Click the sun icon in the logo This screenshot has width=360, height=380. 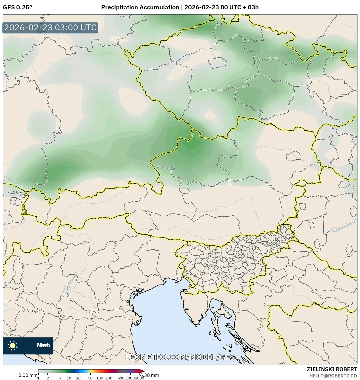[13, 345]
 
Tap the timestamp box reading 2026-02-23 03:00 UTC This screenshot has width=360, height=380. [50, 28]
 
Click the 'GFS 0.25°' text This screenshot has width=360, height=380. [17, 7]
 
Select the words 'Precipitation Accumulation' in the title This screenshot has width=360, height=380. [140, 7]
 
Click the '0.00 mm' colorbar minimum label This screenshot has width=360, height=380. [28, 375]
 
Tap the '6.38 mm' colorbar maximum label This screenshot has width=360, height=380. [150, 375]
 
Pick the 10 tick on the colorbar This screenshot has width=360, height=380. [69, 378]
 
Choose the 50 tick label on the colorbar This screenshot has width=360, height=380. [90, 378]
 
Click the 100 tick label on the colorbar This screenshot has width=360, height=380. [100, 378]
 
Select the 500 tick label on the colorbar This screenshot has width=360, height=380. [121, 378]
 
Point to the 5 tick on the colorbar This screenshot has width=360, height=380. [60, 378]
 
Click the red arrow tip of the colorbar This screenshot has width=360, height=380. [143, 371]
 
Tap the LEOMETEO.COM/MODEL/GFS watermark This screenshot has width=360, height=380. [180, 357]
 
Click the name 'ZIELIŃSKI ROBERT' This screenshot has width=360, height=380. [332, 369]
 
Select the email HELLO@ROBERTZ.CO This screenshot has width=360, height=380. [333, 375]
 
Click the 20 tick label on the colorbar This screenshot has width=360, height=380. [78, 378]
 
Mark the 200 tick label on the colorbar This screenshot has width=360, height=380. [109, 378]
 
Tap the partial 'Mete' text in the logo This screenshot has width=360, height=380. [43, 345]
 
